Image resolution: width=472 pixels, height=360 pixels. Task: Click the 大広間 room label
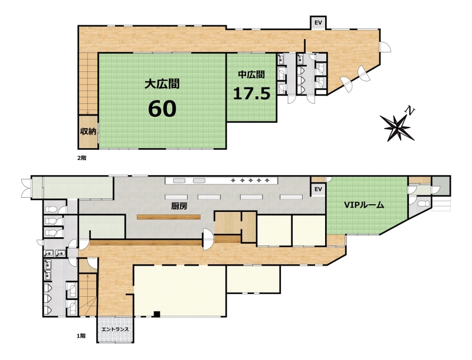coord(162,84)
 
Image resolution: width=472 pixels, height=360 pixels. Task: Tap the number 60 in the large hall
coord(162,109)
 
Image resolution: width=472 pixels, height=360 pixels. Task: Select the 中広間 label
coord(251,74)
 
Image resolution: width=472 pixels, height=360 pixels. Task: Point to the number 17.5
coord(251,94)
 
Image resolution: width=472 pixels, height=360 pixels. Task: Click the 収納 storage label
coord(88,131)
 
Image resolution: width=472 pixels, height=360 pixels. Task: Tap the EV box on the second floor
coord(318,23)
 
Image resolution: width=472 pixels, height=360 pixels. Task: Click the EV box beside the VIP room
coord(318,189)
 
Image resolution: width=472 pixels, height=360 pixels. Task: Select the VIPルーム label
coord(364,205)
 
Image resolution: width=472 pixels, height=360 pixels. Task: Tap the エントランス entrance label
coord(115,329)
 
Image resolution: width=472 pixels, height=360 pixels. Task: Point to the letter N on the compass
coord(409,110)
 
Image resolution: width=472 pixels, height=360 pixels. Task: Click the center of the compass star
coord(397,127)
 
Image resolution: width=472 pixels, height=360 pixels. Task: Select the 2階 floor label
coord(81,158)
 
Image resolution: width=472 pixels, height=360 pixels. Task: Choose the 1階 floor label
coord(81,336)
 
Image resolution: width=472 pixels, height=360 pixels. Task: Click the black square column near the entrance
coord(156,314)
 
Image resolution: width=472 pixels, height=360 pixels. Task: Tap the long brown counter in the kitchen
coord(169,217)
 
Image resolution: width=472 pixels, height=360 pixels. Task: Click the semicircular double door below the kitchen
coord(208,239)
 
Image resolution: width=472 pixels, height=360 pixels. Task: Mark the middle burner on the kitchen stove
coord(250,181)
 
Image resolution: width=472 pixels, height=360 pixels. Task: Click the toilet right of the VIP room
coord(423,204)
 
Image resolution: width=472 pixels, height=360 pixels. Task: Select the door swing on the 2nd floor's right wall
coord(385,47)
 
